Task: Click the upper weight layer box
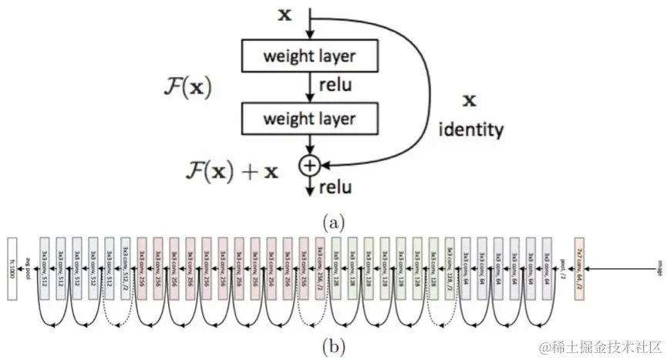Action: [311, 56]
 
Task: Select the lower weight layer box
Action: [311, 119]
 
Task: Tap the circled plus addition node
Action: [311, 164]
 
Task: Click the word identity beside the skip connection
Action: [471, 129]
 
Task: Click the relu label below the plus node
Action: [335, 187]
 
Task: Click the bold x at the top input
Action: [285, 14]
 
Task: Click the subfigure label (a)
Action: [332, 222]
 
